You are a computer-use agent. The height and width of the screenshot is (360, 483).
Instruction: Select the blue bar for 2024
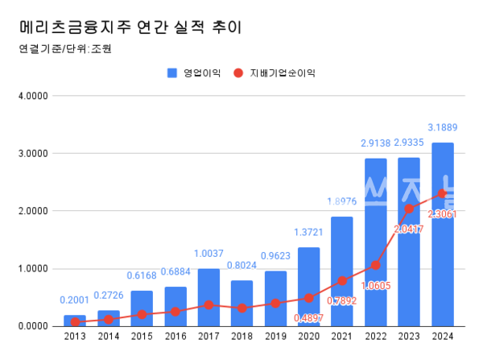tap(443, 234)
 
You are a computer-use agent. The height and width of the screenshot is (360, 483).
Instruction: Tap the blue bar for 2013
tap(75, 321)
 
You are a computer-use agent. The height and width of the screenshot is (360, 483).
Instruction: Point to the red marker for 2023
tap(409, 209)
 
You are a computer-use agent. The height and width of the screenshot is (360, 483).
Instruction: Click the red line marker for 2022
tap(376, 265)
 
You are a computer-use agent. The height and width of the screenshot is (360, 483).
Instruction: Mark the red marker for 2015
tap(142, 314)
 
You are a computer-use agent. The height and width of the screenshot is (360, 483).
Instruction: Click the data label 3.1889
tap(443, 128)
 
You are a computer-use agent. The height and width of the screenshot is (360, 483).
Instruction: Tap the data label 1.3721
tap(309, 232)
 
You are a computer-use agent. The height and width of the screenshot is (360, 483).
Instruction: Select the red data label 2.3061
tap(443, 213)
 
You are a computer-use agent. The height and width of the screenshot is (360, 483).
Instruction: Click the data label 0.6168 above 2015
tap(142, 276)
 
